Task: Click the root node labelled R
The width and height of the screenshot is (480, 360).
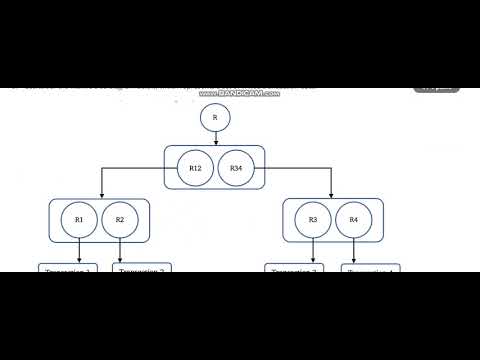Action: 215,118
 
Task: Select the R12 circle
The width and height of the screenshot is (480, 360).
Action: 195,169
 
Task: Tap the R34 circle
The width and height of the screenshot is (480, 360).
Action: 236,169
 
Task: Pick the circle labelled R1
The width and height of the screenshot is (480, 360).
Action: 80,219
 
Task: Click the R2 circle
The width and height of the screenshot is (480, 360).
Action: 120,219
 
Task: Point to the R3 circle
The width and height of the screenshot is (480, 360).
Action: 313,219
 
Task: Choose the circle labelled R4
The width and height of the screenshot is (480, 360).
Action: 354,219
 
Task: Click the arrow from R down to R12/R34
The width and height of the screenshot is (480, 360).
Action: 215,138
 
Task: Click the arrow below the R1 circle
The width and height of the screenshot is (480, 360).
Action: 80,252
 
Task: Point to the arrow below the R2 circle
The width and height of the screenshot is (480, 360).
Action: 120,252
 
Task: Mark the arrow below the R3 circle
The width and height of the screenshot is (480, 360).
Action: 313,252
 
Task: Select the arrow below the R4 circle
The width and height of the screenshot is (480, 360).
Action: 354,252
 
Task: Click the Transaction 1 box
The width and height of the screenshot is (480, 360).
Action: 66,271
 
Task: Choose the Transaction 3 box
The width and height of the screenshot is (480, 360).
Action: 294,271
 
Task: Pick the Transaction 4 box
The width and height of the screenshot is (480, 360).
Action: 372,270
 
